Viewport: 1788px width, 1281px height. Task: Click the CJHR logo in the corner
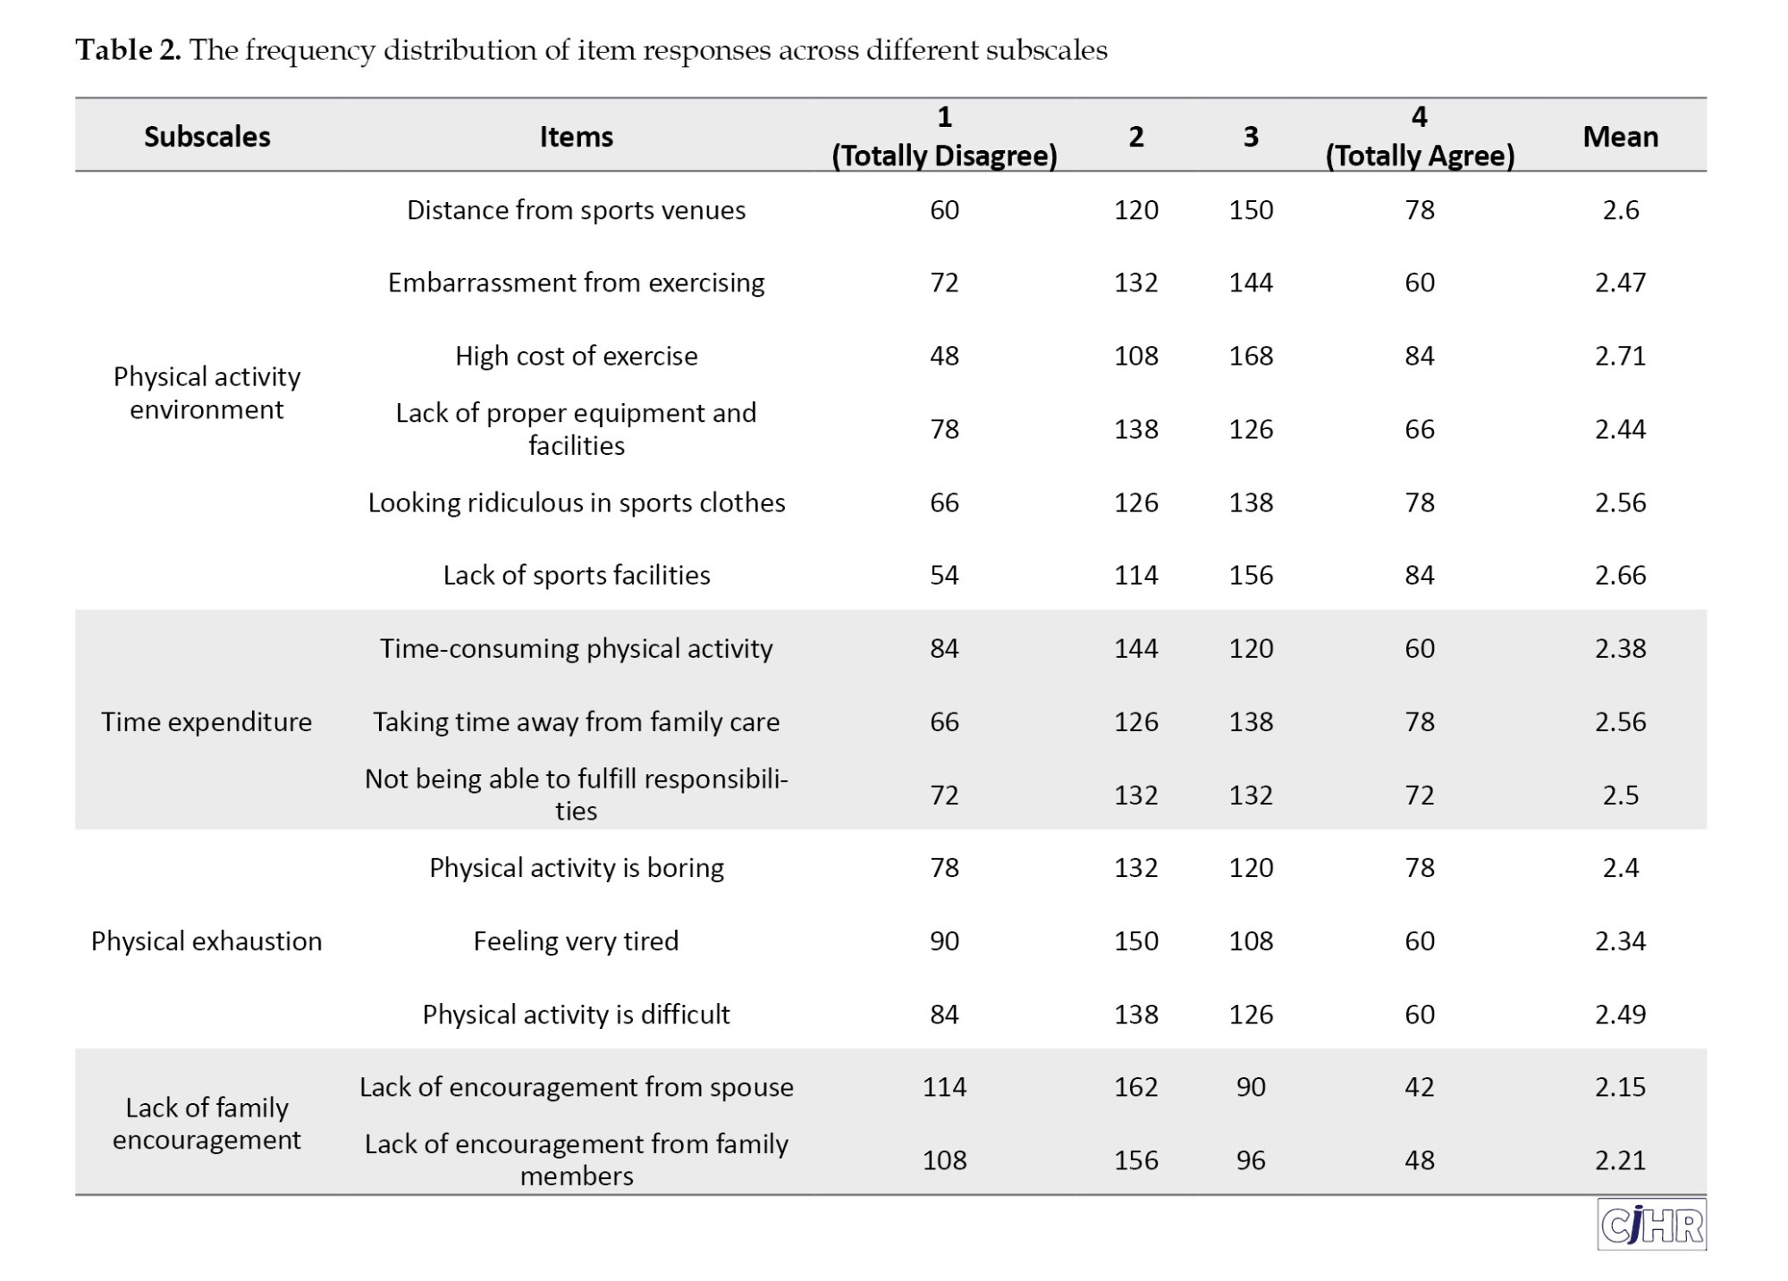(1651, 1224)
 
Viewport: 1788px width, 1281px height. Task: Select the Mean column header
(1620, 137)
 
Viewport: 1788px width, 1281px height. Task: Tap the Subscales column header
(207, 137)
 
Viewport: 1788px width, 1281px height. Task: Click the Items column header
(576, 137)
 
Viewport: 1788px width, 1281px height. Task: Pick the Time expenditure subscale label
(207, 721)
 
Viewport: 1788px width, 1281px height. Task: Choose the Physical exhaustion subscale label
(207, 941)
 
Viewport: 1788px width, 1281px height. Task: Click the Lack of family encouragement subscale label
(207, 1124)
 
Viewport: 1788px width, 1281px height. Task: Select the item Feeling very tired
(576, 941)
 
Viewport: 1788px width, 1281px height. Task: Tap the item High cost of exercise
(576, 356)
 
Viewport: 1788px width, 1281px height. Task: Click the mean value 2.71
(1620, 356)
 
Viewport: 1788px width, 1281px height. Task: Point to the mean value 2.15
(1620, 1087)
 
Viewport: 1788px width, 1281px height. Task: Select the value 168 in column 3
(1251, 356)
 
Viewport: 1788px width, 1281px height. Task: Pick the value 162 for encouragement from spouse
(1135, 1087)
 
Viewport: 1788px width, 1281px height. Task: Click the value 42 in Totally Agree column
(1420, 1087)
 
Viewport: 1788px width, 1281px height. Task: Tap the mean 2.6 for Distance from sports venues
(1620, 210)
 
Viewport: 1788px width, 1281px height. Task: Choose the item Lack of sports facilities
(576, 575)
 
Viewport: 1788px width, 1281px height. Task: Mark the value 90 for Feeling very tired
(944, 941)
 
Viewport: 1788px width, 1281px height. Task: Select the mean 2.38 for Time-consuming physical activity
(1620, 648)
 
